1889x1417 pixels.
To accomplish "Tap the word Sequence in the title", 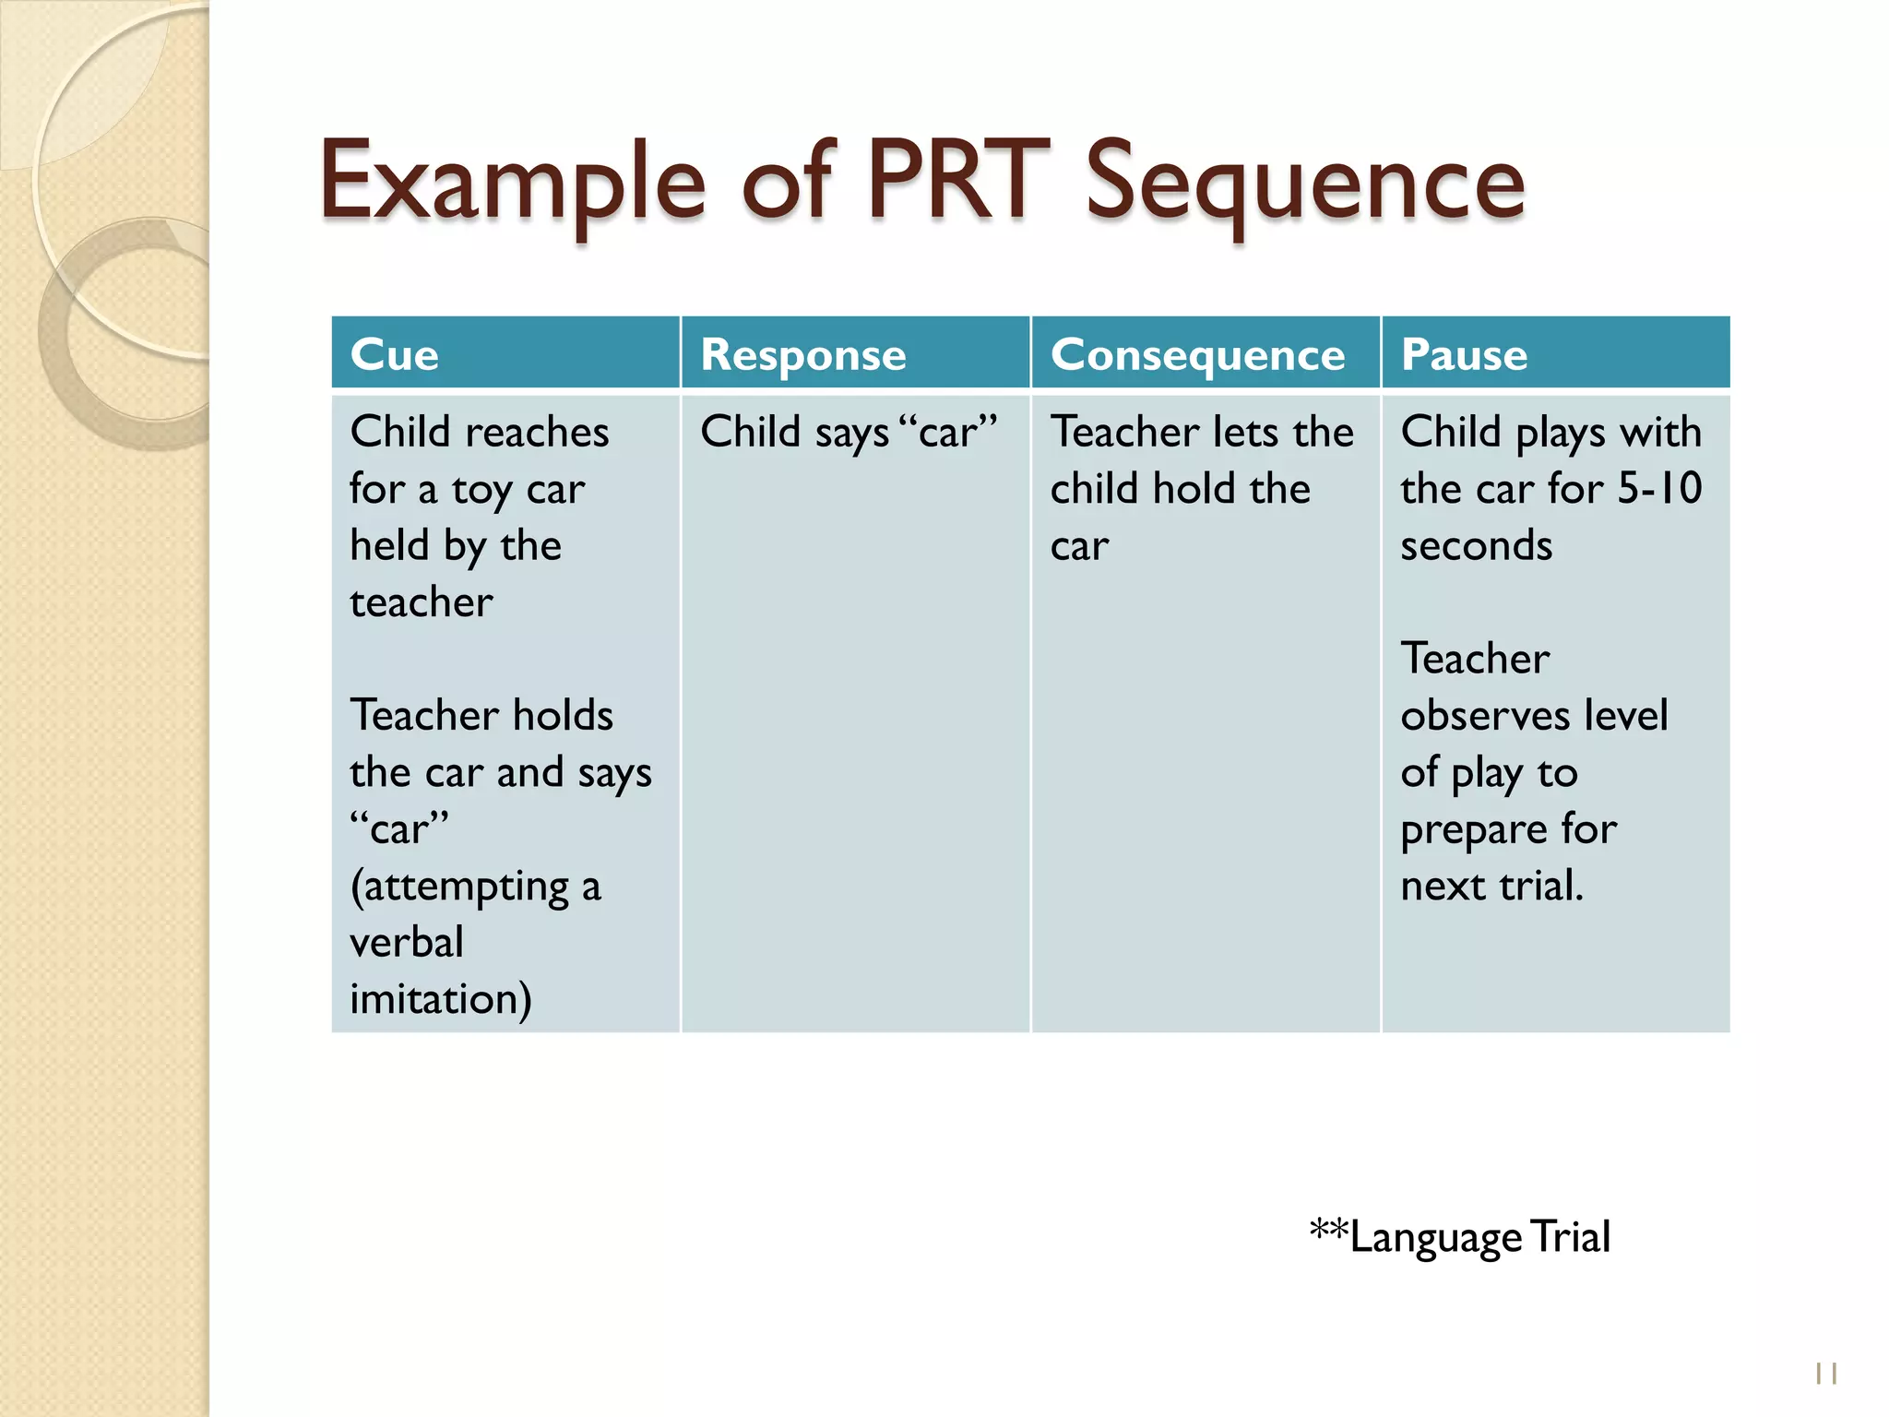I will pos(1305,185).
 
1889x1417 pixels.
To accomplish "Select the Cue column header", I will pos(395,354).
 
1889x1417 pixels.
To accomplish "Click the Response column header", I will pos(803,354).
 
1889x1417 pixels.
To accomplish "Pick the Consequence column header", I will pos(1197,354).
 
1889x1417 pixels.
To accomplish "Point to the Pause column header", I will pos(1464,354).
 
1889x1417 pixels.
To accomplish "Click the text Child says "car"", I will pos(849,432).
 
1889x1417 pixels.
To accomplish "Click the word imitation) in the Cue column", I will pos(441,999).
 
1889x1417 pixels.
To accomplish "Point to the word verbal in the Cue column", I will pos(407,942).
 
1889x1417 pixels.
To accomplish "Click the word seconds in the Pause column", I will pos(1476,545).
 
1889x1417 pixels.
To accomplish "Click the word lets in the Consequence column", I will pos(1246,432).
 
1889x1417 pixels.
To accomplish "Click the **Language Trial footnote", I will pos(1460,1236).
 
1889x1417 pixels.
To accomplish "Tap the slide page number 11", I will pos(1826,1374).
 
